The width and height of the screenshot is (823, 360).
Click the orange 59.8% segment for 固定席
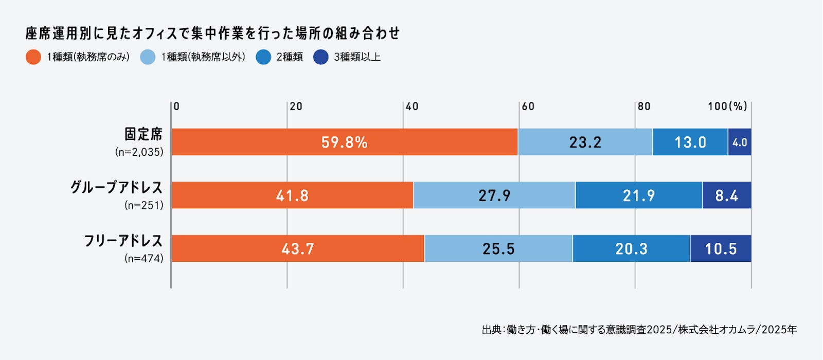pyautogui.click(x=344, y=142)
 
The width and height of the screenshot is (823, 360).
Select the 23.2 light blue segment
pyautogui.click(x=585, y=142)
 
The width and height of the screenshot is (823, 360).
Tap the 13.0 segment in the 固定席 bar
pyautogui.click(x=690, y=142)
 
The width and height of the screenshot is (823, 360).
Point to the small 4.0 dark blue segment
pyautogui.click(x=740, y=142)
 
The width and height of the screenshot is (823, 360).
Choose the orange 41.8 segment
pyautogui.click(x=292, y=195)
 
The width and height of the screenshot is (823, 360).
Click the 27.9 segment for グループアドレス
pyautogui.click(x=494, y=195)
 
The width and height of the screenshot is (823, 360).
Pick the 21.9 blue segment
pyautogui.click(x=639, y=195)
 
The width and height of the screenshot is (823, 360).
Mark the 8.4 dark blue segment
pyautogui.click(x=727, y=195)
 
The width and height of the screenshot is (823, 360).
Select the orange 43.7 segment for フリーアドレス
pyautogui.click(x=298, y=249)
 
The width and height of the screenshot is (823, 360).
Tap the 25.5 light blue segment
pyautogui.click(x=498, y=249)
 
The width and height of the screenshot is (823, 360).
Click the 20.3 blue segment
pyautogui.click(x=631, y=249)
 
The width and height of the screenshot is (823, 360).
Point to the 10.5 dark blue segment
pyautogui.click(x=721, y=249)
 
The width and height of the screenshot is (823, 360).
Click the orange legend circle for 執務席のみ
pyautogui.click(x=33, y=57)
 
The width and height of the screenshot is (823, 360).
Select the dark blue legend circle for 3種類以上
pyautogui.click(x=321, y=57)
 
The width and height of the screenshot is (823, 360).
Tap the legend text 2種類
pyautogui.click(x=290, y=57)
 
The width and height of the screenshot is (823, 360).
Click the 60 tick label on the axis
pyautogui.click(x=528, y=106)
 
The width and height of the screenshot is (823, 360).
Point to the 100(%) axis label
pyautogui.click(x=727, y=106)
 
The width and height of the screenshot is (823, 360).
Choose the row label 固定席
pyautogui.click(x=144, y=134)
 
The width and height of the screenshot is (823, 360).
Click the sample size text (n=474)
pyautogui.click(x=144, y=258)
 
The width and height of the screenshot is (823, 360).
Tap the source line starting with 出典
pyautogui.click(x=639, y=330)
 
